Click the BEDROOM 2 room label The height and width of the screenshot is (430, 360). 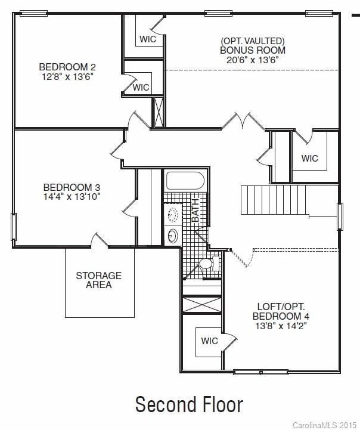(x=67, y=67)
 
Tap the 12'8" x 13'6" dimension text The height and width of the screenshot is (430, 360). (x=67, y=77)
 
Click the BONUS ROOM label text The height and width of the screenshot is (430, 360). (x=253, y=50)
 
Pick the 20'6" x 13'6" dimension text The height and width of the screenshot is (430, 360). (x=253, y=60)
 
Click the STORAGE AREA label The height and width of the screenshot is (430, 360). (x=98, y=280)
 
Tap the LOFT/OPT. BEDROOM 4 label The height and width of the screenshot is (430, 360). (x=280, y=310)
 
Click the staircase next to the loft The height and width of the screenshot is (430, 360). (x=274, y=200)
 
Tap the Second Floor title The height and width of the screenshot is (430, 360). (x=189, y=404)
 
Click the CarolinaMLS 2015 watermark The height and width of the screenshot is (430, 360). (x=325, y=425)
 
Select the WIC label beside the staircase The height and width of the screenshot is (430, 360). (x=310, y=159)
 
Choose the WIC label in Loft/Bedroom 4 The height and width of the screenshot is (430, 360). (x=209, y=341)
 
